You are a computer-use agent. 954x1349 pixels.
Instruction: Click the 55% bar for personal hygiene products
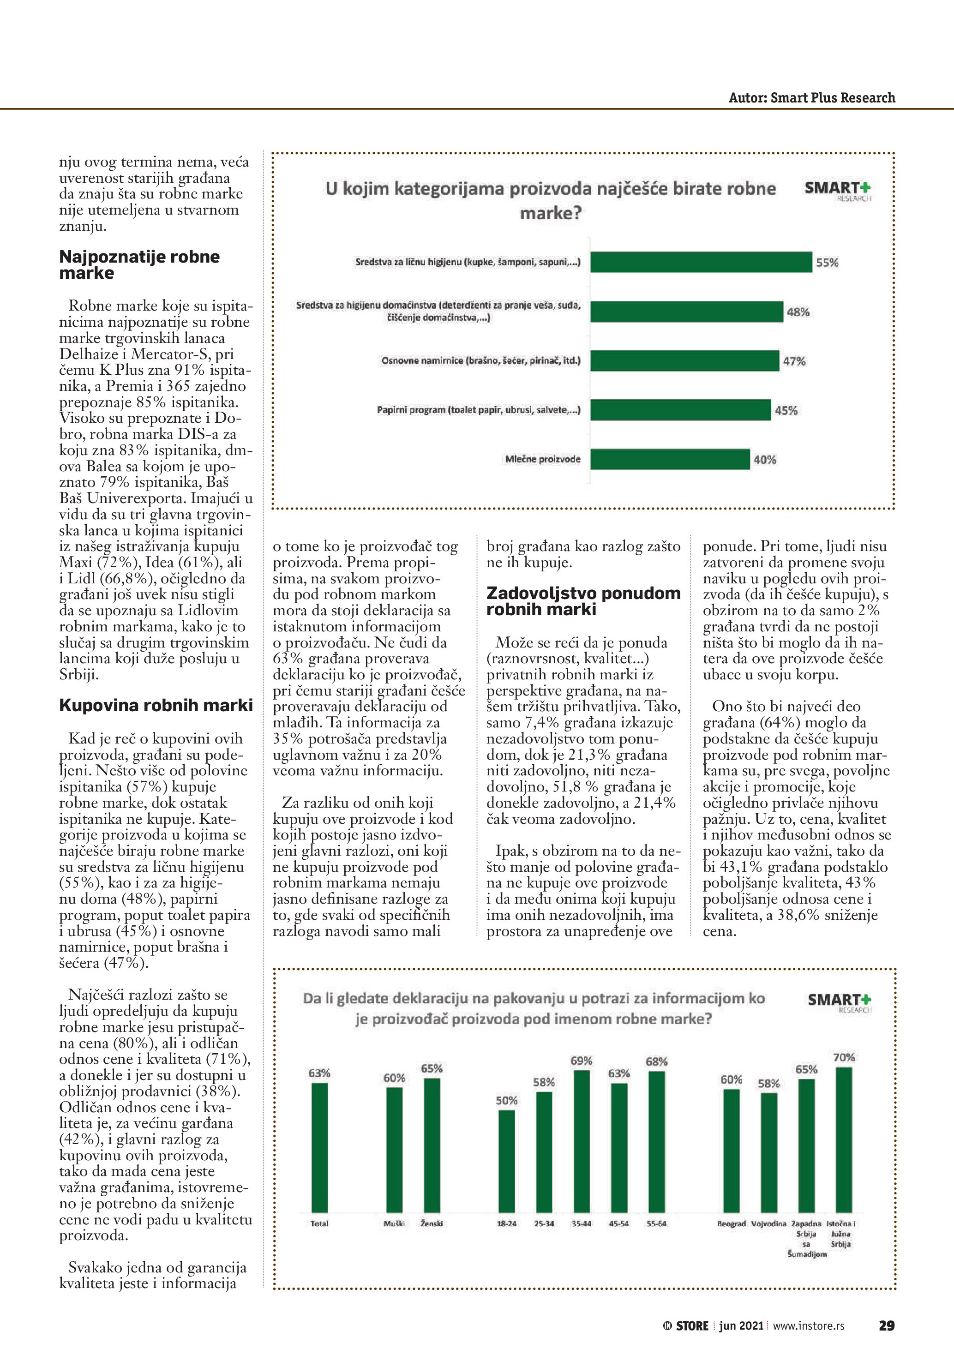pos(701,263)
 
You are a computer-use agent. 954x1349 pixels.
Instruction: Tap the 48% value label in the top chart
pos(798,312)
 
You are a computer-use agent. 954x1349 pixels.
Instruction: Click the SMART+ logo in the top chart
pos(838,190)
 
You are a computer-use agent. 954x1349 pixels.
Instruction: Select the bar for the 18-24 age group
pos(506,1161)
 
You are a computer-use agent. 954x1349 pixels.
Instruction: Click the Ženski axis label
pos(432,1223)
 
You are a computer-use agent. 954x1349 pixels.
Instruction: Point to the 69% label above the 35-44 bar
pos(581,1061)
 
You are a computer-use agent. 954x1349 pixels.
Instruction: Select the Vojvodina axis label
pos(768,1223)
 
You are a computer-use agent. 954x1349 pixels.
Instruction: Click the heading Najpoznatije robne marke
pos(139,264)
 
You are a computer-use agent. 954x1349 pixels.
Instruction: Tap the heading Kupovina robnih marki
pos(156,705)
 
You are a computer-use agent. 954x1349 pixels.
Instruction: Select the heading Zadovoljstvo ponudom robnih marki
pos(583,601)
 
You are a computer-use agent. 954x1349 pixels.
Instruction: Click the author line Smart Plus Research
pos(811,97)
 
